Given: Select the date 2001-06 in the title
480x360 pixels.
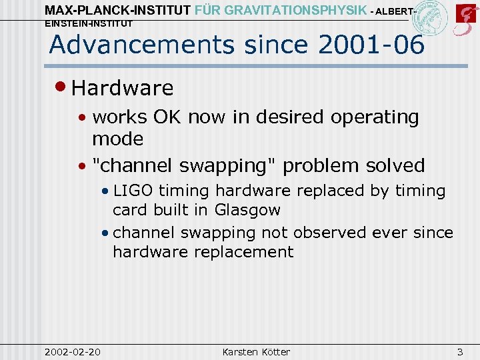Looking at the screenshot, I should tap(371, 45).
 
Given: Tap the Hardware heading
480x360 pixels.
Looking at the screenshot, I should tap(122, 88).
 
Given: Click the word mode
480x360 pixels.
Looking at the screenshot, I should tap(118, 139).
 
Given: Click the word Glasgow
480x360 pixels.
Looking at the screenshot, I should tap(247, 210).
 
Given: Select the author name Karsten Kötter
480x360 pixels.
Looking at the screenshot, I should tap(256, 351).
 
